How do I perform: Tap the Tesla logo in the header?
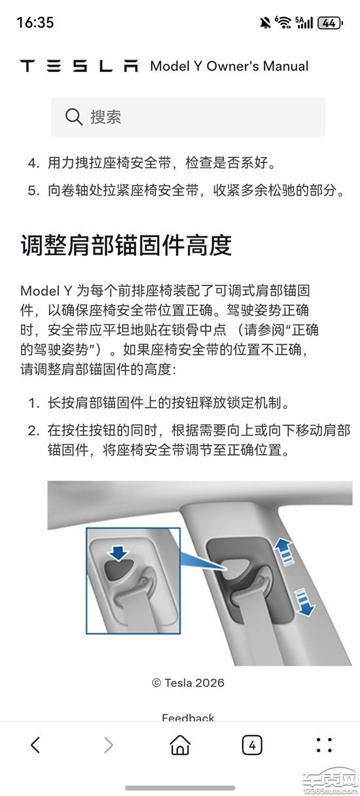pos(79,66)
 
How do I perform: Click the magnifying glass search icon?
pos(74,117)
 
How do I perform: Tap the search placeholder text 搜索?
pos(106,117)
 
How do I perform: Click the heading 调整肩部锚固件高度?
pos(126,245)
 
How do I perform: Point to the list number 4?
pos(33,163)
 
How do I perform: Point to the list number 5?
pos(33,190)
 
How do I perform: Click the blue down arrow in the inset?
pos(118,552)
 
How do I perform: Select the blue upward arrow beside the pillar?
pos(283,550)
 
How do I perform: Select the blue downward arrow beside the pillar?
pos(304,602)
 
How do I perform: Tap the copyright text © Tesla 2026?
pos(188,683)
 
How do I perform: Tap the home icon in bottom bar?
pos(180,745)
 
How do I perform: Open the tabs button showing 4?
pos(252,745)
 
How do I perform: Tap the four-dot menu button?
pos(324,745)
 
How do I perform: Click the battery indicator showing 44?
pos(330,23)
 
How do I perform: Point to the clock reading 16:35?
pos(35,23)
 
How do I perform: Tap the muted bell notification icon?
pos(264,23)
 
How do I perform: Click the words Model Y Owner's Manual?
pos(229,66)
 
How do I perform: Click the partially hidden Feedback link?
pos(188,717)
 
